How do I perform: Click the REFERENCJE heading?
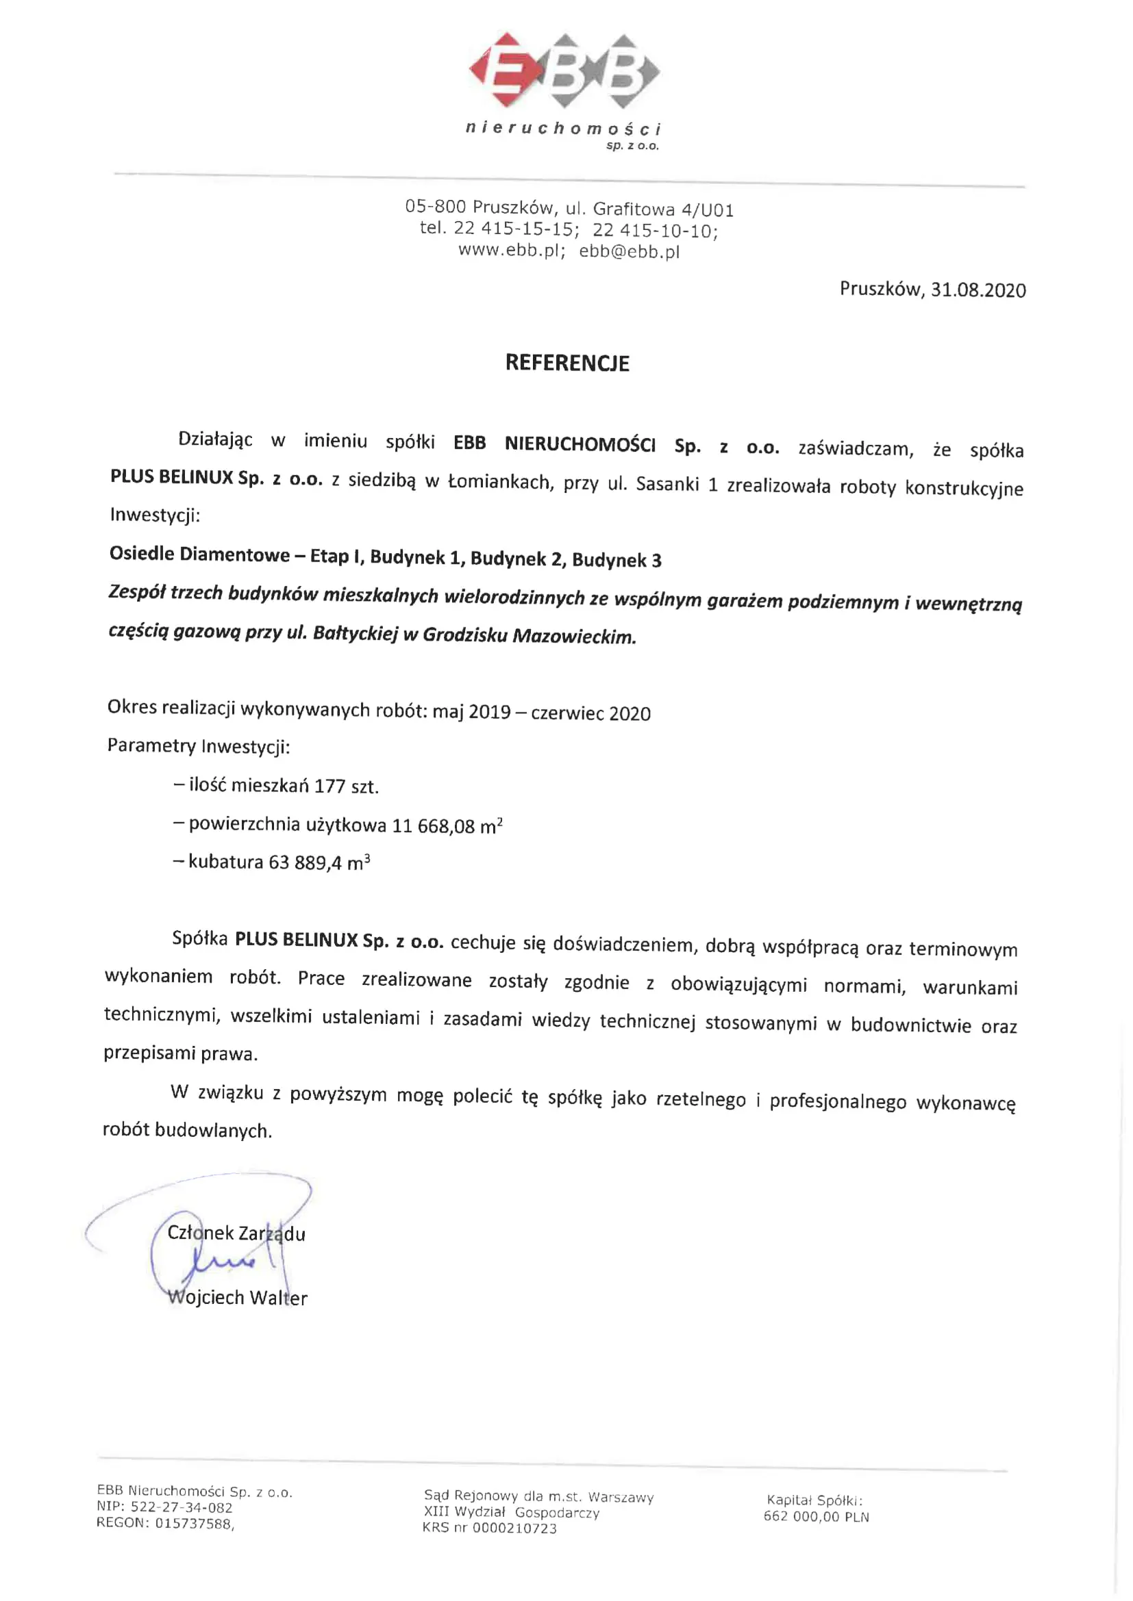pos(566,363)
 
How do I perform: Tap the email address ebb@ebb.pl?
pos(629,253)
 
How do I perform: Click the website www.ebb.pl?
pos(509,251)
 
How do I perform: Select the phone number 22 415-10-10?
pos(653,230)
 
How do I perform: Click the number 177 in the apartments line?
pos(330,786)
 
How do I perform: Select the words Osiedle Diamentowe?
pos(199,554)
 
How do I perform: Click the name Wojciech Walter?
pos(237,1298)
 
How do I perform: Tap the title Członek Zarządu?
pos(236,1233)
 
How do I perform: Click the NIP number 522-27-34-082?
pos(182,1507)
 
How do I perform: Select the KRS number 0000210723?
pos(514,1528)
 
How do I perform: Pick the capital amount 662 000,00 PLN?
pos(816,1517)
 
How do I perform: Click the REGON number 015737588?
pos(192,1524)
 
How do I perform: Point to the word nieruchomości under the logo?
pos(562,128)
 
